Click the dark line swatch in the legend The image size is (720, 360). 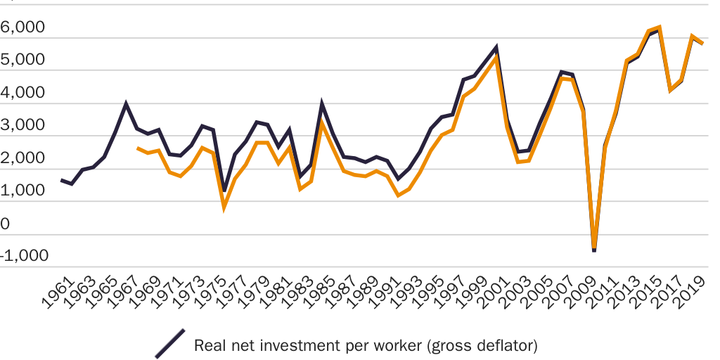pos(169,344)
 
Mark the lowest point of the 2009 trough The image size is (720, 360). pos(594,250)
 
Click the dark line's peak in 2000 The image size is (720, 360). pos(496,48)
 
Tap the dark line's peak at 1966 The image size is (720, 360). pos(126,104)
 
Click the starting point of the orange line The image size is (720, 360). pos(137,148)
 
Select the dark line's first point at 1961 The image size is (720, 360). pos(61,180)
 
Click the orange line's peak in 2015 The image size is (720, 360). pos(659,28)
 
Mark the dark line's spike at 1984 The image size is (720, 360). pos(322,105)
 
